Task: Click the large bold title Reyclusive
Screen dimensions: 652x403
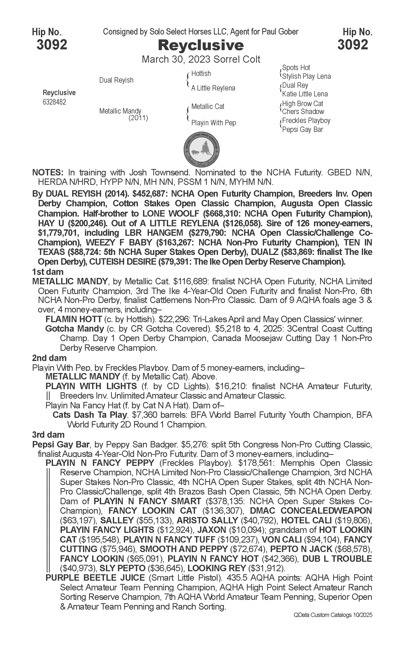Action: click(201, 45)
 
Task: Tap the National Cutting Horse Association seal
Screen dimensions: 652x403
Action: click(202, 149)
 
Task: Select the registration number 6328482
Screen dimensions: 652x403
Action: click(54, 102)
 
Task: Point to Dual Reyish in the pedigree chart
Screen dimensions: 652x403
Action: click(116, 80)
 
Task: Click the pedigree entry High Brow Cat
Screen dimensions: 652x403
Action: click(302, 103)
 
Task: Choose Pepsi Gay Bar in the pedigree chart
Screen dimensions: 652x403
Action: click(302, 129)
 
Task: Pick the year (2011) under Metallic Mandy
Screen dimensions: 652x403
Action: click(138, 118)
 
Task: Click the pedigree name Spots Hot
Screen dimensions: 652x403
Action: click(296, 68)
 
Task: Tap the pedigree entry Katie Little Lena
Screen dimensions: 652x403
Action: click(305, 94)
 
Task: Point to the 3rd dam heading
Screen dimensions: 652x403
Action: click(48, 435)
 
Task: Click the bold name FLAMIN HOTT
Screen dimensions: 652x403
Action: click(74, 319)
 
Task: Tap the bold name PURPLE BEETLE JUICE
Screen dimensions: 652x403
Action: click(95, 578)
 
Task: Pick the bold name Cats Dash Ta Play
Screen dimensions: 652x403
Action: click(89, 415)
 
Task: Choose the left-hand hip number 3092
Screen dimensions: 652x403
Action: click(52, 45)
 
